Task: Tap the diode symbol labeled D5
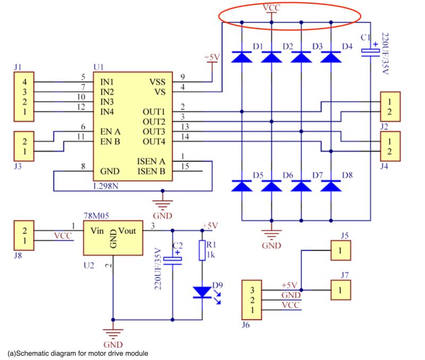[x=242, y=186]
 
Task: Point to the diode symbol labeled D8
[x=331, y=186]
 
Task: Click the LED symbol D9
[x=202, y=292]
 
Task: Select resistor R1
[x=202, y=250]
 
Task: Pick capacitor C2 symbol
[x=173, y=260]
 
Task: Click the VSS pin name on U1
[x=157, y=82]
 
